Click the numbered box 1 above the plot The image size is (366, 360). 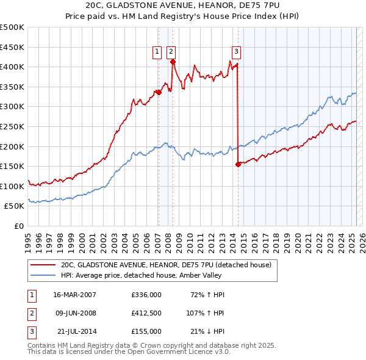[157, 52]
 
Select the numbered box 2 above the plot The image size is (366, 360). [171, 52]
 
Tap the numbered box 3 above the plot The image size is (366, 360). [236, 52]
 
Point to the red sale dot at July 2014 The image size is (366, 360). [238, 164]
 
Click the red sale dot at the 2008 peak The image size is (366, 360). [173, 62]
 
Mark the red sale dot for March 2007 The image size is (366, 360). [159, 92]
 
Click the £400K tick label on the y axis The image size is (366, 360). [12, 67]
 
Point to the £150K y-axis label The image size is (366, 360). [12, 166]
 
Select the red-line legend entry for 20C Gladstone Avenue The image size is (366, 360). [169, 265]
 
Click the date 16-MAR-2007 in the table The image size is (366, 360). [74, 295]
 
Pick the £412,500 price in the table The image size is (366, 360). [146, 313]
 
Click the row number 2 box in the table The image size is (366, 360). [31, 313]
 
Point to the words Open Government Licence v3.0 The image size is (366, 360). [182, 352]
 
